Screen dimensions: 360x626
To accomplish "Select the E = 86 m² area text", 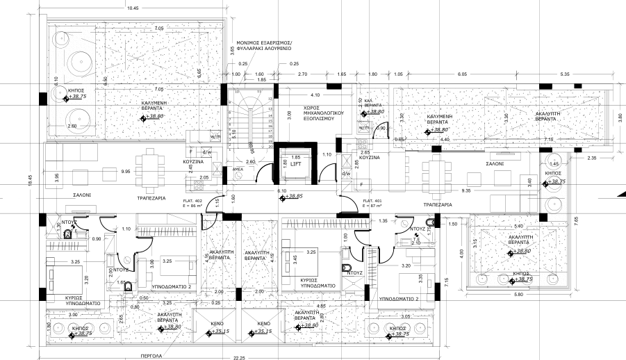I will click(192, 206).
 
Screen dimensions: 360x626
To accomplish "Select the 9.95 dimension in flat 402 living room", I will click(125, 170).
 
